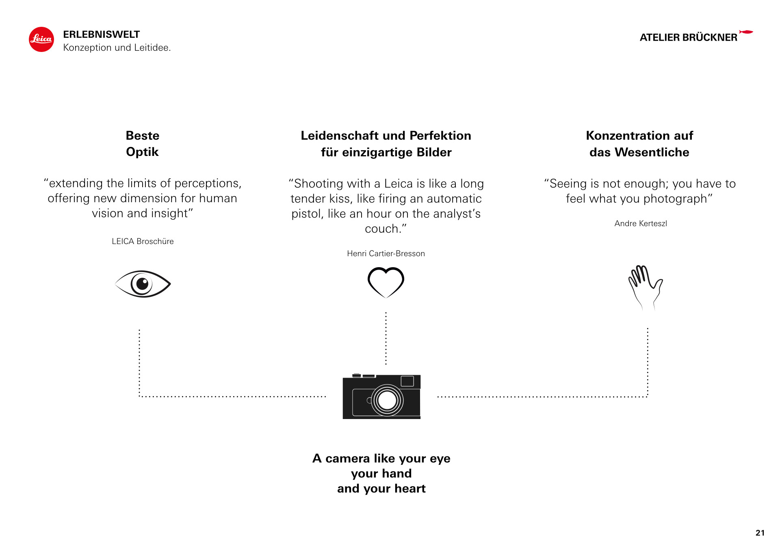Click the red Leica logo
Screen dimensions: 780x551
coord(41,39)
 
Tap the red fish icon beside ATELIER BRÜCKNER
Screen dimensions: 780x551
coord(746,32)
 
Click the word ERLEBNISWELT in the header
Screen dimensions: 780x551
coord(102,34)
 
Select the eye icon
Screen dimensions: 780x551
coord(143,284)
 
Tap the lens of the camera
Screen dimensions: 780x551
coord(387,400)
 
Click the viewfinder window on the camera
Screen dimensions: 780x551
coord(407,381)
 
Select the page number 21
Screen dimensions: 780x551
coord(760,533)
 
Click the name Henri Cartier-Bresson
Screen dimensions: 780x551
coord(386,253)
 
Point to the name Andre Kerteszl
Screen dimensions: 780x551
coord(641,223)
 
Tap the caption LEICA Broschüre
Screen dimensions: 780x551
coord(143,241)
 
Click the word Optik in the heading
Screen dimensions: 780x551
coord(142,152)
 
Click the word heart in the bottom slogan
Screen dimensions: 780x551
coord(410,488)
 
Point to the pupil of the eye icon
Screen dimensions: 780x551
coord(142,283)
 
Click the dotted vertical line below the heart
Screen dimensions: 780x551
coord(386,338)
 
